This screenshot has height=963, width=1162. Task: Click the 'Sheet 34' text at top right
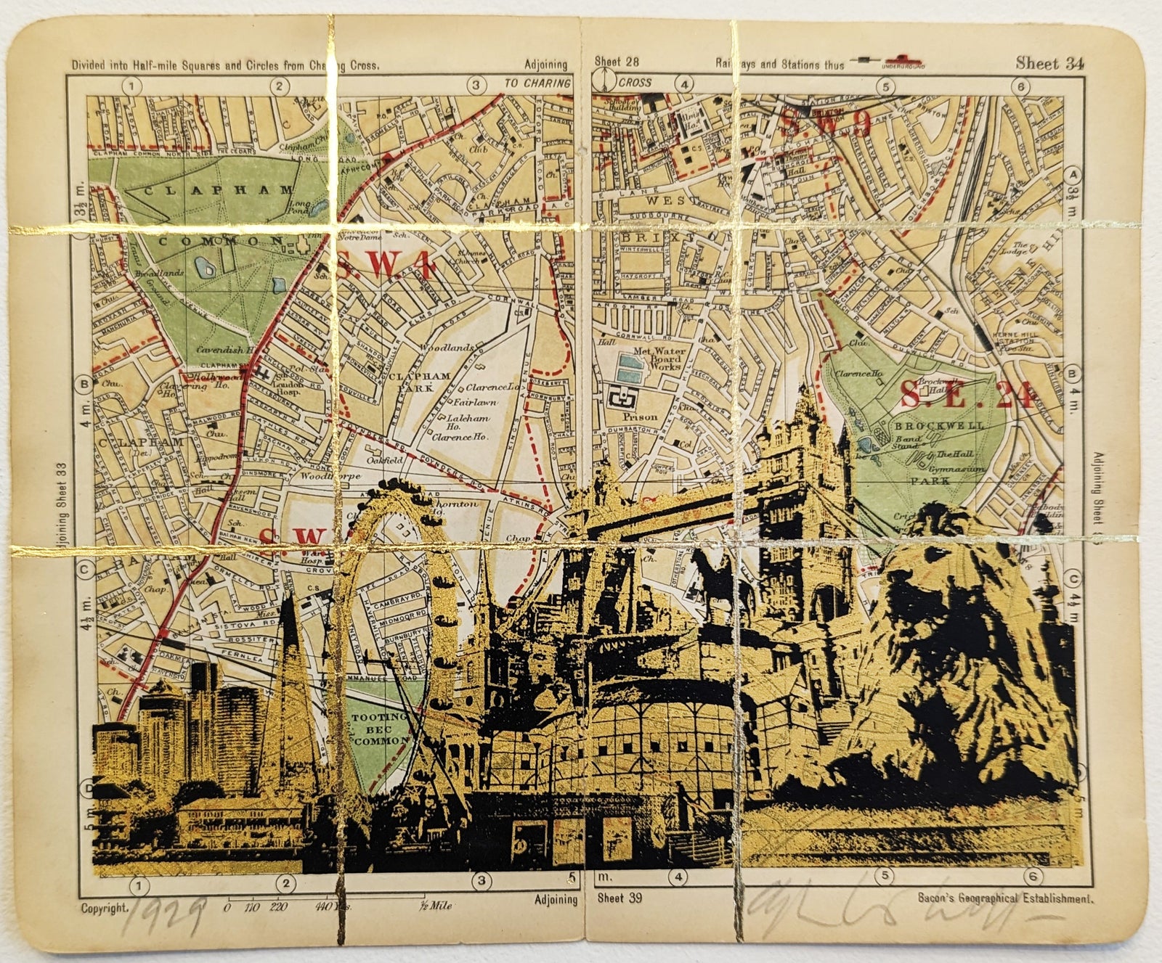(1049, 63)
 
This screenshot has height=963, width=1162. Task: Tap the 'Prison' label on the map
(640, 417)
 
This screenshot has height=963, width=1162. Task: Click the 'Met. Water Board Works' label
(657, 358)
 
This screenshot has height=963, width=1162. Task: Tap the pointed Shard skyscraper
(290, 653)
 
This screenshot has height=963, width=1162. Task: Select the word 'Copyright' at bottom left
(105, 908)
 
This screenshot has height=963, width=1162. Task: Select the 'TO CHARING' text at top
(538, 83)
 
